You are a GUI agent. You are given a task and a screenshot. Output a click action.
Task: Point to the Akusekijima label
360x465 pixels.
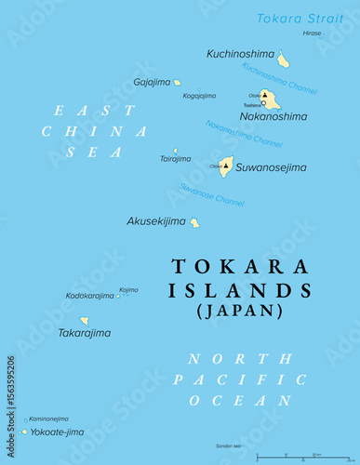click(x=155, y=221)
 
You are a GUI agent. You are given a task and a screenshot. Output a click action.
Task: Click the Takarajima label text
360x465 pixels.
click(x=84, y=333)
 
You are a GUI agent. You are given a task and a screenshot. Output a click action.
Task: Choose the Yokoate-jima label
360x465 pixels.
click(x=58, y=432)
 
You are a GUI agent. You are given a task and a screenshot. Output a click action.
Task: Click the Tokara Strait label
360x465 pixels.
click(x=300, y=19)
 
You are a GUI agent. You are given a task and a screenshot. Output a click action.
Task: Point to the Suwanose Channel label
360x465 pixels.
click(x=212, y=195)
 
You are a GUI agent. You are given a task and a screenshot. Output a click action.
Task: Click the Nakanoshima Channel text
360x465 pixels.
click(x=244, y=134)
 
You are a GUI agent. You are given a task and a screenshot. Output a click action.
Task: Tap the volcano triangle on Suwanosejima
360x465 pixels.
click(x=226, y=165)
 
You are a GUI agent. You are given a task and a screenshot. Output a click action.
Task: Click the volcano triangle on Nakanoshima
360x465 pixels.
click(x=264, y=95)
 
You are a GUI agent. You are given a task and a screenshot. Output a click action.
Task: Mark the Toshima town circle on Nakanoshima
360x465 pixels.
click(x=263, y=103)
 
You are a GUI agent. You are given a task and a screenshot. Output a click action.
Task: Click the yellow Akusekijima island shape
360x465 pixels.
click(x=194, y=222)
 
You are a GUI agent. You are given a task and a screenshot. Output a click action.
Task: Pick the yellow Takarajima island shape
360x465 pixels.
click(x=85, y=320)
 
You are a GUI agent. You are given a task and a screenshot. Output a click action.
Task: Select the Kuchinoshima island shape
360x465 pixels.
click(x=283, y=60)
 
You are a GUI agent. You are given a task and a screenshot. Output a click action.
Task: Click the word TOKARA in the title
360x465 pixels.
click(x=239, y=267)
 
